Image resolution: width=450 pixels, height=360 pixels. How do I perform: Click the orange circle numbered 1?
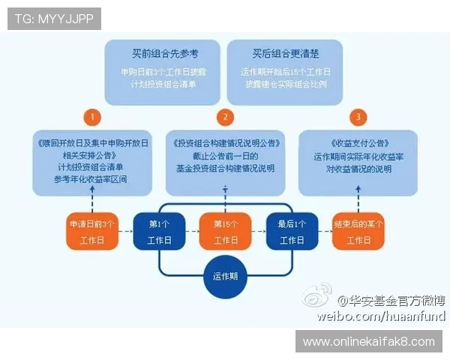pyautogui.click(x=91, y=118)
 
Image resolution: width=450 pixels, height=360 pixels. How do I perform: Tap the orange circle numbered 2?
pyautogui.click(x=225, y=118)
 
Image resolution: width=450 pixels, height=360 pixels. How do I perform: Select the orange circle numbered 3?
pyautogui.click(x=358, y=118)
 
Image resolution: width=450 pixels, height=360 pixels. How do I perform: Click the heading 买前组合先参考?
pyautogui.click(x=161, y=54)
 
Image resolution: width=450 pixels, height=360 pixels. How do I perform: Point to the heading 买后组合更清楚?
pyautogui.click(x=285, y=54)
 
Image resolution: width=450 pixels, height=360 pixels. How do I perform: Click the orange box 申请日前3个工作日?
pyautogui.click(x=91, y=232)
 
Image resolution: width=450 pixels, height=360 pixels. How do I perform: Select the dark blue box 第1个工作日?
pyautogui.click(x=158, y=232)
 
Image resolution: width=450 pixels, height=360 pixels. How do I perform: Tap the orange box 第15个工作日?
pyautogui.click(x=225, y=232)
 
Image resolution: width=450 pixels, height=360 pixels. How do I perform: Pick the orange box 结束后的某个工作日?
pyautogui.click(x=358, y=232)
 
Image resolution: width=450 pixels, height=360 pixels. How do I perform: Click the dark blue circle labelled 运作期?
pyautogui.click(x=225, y=276)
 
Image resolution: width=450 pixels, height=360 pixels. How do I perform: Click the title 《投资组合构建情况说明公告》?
pyautogui.click(x=225, y=142)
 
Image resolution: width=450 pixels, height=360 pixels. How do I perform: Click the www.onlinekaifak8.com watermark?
pyautogui.click(x=368, y=341)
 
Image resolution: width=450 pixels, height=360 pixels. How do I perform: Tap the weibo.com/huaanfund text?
pyautogui.click(x=380, y=316)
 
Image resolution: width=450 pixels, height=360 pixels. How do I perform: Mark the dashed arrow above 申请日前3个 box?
pyautogui.click(x=91, y=203)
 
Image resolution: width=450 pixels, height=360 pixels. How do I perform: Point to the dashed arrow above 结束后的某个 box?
pyautogui.click(x=358, y=203)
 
